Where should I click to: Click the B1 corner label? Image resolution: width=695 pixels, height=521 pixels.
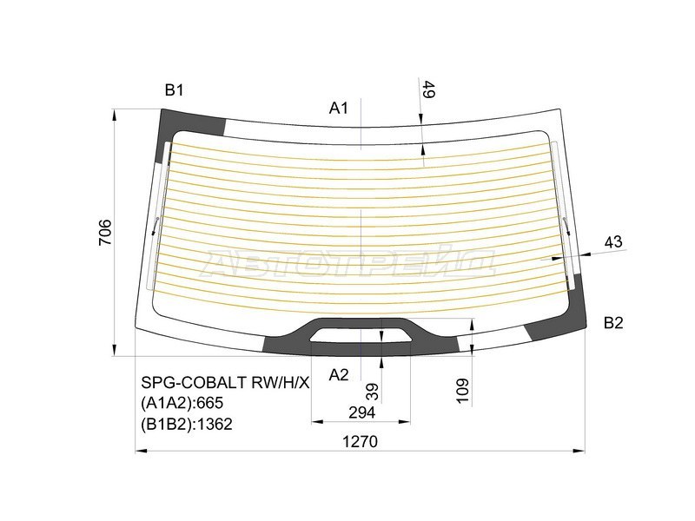point(175,89)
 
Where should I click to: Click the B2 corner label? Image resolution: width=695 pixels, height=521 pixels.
point(613,323)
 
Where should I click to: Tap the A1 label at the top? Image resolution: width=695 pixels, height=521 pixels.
point(339,108)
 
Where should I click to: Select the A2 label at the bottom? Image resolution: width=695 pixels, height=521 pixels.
point(339,375)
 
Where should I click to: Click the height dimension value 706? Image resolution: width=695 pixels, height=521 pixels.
point(104,233)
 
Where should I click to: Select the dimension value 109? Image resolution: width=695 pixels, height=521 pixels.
point(461,392)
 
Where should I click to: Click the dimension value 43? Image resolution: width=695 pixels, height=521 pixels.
point(614,242)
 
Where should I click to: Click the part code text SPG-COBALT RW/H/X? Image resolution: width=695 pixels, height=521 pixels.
point(225,382)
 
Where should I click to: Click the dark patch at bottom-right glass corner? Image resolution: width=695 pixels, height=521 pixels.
point(556,330)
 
